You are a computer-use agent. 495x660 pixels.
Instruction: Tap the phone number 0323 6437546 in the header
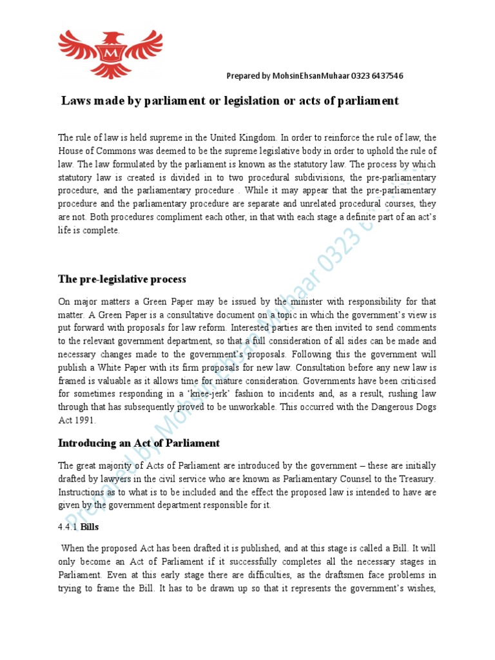(x=378, y=76)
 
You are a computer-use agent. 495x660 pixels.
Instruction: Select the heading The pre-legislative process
(x=122, y=279)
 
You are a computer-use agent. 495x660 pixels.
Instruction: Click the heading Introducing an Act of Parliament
(x=139, y=443)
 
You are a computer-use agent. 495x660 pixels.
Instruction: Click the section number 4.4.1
(x=68, y=527)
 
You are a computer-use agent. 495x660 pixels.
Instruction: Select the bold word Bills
(x=90, y=527)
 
